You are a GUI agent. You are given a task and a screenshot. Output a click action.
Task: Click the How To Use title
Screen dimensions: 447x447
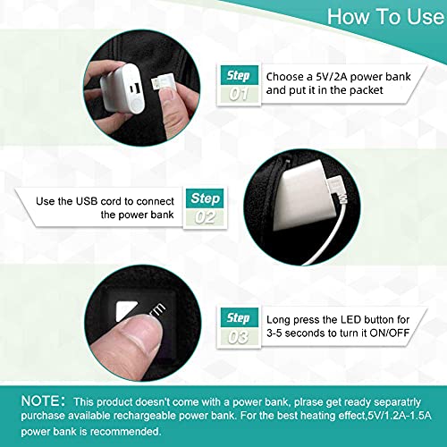pyautogui.click(x=385, y=16)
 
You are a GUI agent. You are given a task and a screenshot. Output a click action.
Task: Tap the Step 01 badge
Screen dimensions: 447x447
pyautogui.click(x=239, y=85)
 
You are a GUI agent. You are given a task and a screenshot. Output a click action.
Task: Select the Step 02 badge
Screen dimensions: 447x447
pyautogui.click(x=205, y=207)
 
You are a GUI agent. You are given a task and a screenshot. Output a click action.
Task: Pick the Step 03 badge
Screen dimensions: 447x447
pyautogui.click(x=239, y=327)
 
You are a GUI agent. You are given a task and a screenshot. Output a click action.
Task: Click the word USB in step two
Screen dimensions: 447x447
pyautogui.click(x=87, y=201)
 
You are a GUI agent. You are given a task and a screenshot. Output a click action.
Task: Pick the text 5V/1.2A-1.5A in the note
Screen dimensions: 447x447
pyautogui.click(x=399, y=416)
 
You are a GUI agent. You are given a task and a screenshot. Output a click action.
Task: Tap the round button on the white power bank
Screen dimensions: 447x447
pyautogui.click(x=136, y=105)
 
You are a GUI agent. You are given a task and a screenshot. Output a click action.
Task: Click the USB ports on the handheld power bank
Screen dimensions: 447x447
pyautogui.click(x=134, y=89)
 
